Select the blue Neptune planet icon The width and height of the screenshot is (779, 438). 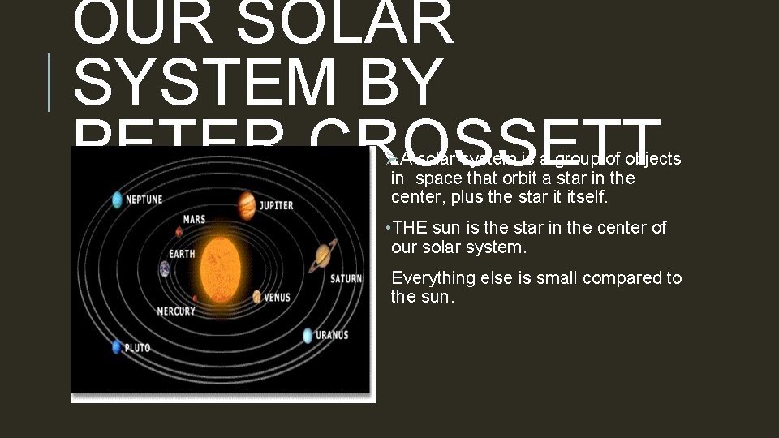point(118,200)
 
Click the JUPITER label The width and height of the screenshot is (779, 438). point(277,205)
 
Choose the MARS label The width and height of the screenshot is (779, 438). point(194,219)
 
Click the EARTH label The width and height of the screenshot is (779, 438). point(182,254)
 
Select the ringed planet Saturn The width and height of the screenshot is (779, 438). point(323,257)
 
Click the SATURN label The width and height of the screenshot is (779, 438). point(346,279)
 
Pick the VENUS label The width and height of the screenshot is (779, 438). point(277,298)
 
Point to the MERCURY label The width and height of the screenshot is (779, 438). point(175,311)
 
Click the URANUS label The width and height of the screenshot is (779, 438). point(332,335)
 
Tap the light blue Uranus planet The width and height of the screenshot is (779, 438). point(308,335)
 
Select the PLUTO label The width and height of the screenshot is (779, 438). point(137,348)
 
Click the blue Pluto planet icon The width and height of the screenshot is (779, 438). point(117,347)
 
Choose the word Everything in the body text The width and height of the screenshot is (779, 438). point(433,278)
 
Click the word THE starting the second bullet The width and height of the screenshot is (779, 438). point(410,228)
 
